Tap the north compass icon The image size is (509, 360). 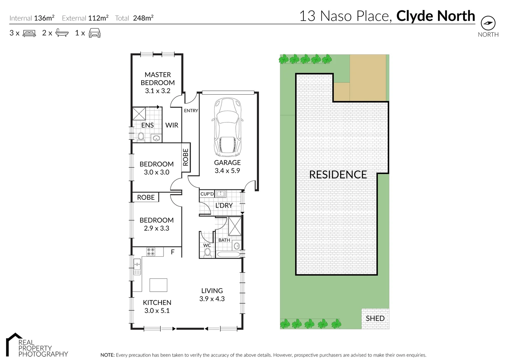point(488,23)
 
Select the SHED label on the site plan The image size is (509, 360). point(375,318)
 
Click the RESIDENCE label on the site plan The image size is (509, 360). point(338,174)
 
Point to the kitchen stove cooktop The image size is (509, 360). point(151,252)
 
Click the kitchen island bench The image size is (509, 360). point(158,285)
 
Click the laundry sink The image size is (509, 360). point(220,194)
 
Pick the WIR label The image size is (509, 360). point(172,125)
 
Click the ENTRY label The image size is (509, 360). point(191,111)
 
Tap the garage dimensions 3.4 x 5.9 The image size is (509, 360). point(227,171)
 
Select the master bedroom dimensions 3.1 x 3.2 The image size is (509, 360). point(158,91)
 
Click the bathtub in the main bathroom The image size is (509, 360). point(229,255)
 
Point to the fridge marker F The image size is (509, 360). point(173,252)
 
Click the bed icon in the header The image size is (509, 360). point(29,33)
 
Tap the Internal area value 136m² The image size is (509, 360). point(44,18)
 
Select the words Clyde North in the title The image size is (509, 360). point(435,16)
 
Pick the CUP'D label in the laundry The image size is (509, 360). point(207,194)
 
